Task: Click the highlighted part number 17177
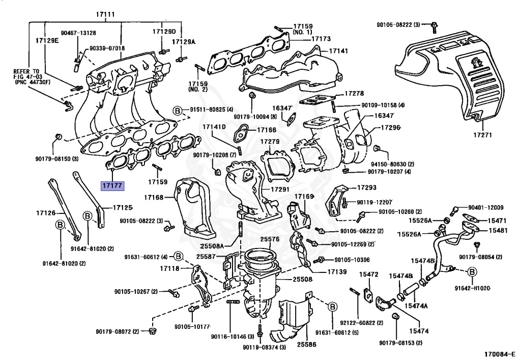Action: pos(111,186)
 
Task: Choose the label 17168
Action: pos(153,197)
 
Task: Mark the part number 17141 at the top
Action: pos(338,51)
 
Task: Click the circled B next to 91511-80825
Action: pos(178,109)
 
